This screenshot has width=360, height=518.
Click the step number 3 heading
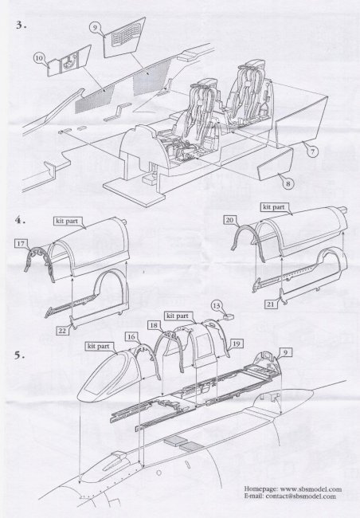[x=21, y=26]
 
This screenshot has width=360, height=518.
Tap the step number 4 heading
[x=20, y=220]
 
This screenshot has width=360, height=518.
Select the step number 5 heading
[x=19, y=355]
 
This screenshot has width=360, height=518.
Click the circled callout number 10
[x=39, y=58]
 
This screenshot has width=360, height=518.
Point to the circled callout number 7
[x=312, y=151]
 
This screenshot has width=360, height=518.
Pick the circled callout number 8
[x=288, y=183]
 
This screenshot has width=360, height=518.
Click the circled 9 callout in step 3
[x=95, y=28]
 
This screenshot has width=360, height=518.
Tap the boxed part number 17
[x=21, y=244]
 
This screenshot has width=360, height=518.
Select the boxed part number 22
[x=62, y=331]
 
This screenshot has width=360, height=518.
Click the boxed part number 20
[x=230, y=220]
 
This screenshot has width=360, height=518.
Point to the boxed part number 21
[x=271, y=304]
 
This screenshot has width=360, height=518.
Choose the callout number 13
[x=217, y=305]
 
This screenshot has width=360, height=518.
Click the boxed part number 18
[x=154, y=325]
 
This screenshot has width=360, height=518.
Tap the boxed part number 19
[x=236, y=344]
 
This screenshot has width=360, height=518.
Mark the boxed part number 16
[x=131, y=336]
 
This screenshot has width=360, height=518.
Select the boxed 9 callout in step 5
[x=285, y=353]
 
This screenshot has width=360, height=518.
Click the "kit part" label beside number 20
[x=273, y=207]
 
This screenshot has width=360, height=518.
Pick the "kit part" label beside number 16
[x=98, y=346]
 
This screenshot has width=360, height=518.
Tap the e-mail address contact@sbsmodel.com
[x=300, y=496]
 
